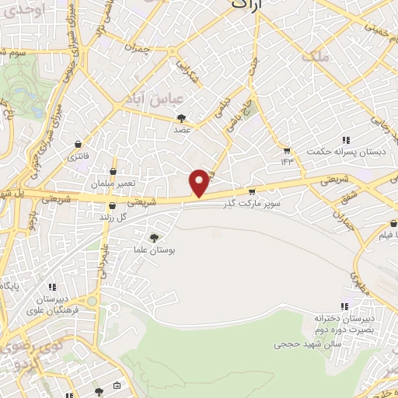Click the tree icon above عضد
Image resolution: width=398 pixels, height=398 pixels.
click(182, 118)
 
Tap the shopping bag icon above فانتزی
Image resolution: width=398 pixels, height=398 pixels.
click(79, 145)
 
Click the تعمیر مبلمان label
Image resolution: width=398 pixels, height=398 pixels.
click(113, 184)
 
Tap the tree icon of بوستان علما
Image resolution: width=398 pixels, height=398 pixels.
click(156, 238)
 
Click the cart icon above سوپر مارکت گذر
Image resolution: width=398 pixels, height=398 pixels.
click(251, 191)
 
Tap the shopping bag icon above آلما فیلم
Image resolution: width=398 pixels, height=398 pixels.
click(393, 222)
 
